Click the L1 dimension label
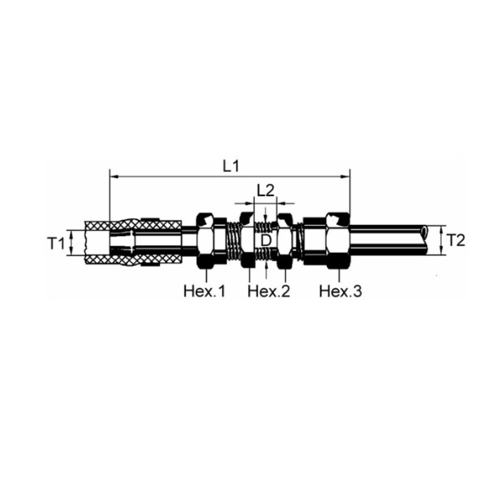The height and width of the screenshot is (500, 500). tap(231, 166)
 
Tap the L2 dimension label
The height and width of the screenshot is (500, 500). tap(266, 191)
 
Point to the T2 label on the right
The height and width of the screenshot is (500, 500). tap(456, 241)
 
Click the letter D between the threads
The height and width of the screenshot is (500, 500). tap(266, 241)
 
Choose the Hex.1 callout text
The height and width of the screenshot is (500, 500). tap(204, 291)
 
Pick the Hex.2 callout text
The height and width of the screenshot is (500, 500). tap(269, 291)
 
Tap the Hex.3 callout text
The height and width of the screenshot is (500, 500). tap(341, 291)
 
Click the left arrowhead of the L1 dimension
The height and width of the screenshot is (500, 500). tap(114, 176)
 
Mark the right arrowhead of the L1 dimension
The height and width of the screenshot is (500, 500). tap(345, 176)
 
